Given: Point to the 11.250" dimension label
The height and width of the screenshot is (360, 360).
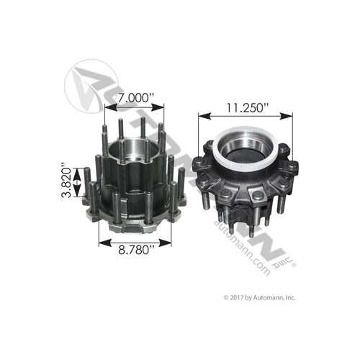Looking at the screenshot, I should pyautogui.click(x=244, y=108).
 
